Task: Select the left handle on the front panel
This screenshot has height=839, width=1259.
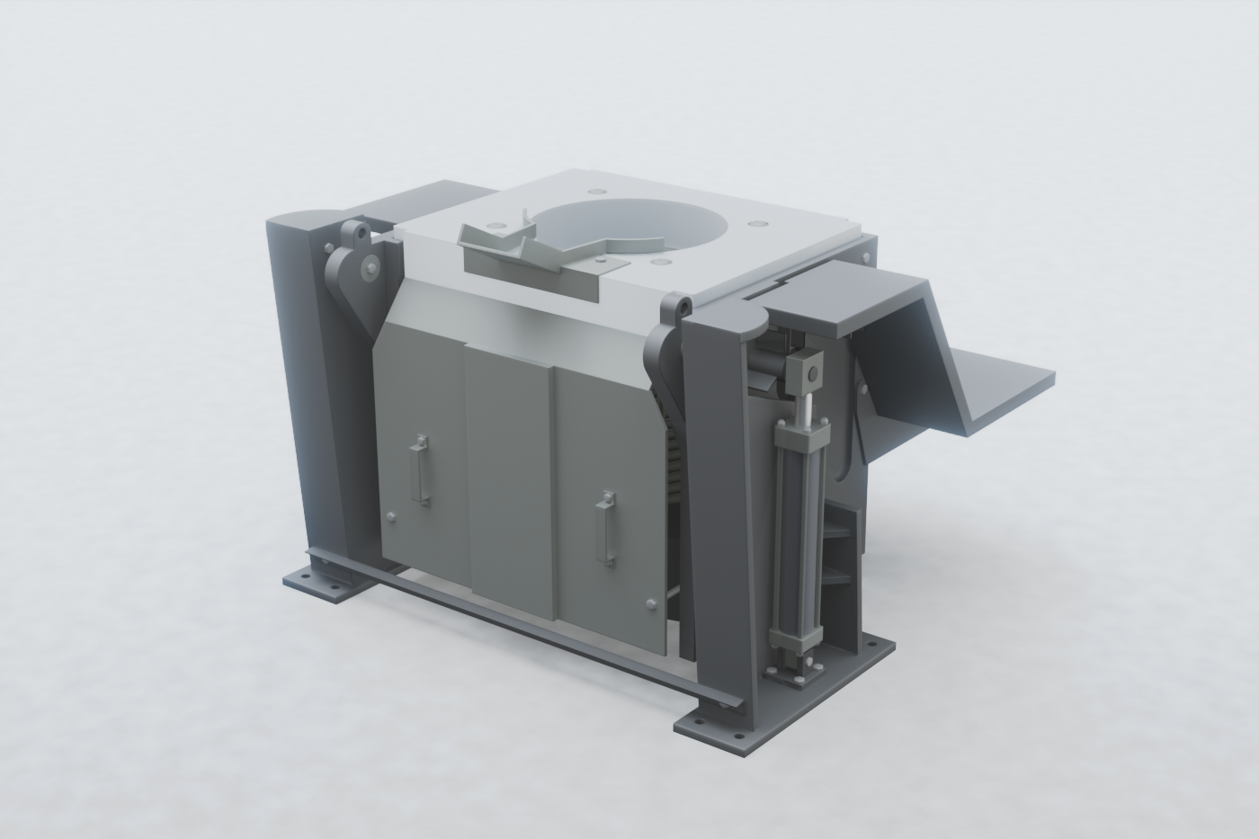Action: (418, 469)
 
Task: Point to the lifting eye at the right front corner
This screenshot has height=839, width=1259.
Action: (681, 308)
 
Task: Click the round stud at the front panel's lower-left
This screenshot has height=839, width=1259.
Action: (390, 516)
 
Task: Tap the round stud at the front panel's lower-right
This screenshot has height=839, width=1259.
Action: (649, 602)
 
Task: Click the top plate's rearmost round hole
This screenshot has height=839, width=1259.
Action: (597, 191)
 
